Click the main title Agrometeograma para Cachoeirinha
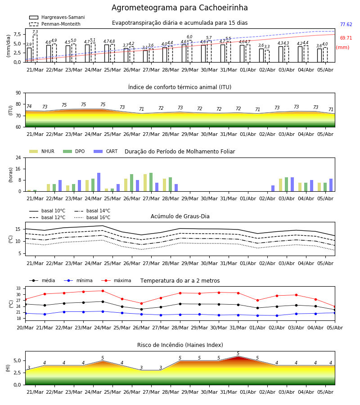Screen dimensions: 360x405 pos(180,8)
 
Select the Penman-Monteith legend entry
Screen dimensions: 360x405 pos(55,24)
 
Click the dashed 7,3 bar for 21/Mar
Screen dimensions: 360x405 pos(35,48)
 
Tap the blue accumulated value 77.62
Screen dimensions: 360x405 pos(346,25)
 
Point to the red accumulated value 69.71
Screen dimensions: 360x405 pos(346,38)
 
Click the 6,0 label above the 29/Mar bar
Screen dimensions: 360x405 pos(189,37)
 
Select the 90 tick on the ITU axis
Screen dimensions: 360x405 pos(18,93)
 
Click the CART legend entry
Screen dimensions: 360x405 pos(106,151)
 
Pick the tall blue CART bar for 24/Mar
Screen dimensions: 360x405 pos(99,182)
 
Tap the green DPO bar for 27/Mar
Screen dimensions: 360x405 pos(151,182)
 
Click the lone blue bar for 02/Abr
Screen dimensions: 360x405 pos(273,188)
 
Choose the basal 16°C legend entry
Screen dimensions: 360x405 pos(92,217)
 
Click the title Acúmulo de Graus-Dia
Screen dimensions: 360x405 pos(180,216)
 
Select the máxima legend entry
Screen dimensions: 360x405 pos(116,280)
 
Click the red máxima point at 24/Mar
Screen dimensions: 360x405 pos(103,291)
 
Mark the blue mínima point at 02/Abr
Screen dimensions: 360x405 pos(277,315)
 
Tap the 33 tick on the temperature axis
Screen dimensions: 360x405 pos(18,288)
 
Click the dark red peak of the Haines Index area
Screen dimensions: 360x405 pos(238,357)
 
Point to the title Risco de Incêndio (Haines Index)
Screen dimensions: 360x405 pos(180,345)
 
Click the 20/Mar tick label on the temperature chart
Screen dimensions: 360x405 pos(25,328)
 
